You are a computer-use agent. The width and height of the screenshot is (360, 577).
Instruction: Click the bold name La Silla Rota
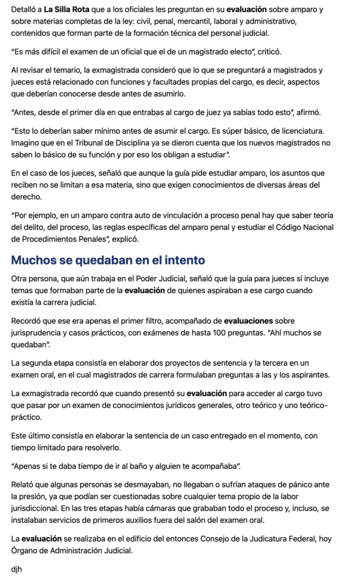[x=66, y=10]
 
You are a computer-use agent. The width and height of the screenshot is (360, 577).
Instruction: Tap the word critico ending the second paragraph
[x=265, y=52]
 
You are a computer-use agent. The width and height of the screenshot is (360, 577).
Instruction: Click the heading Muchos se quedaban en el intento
[x=108, y=260]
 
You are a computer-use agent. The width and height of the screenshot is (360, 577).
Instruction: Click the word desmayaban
[x=135, y=485]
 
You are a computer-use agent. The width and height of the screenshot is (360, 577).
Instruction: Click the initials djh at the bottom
[x=17, y=569]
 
